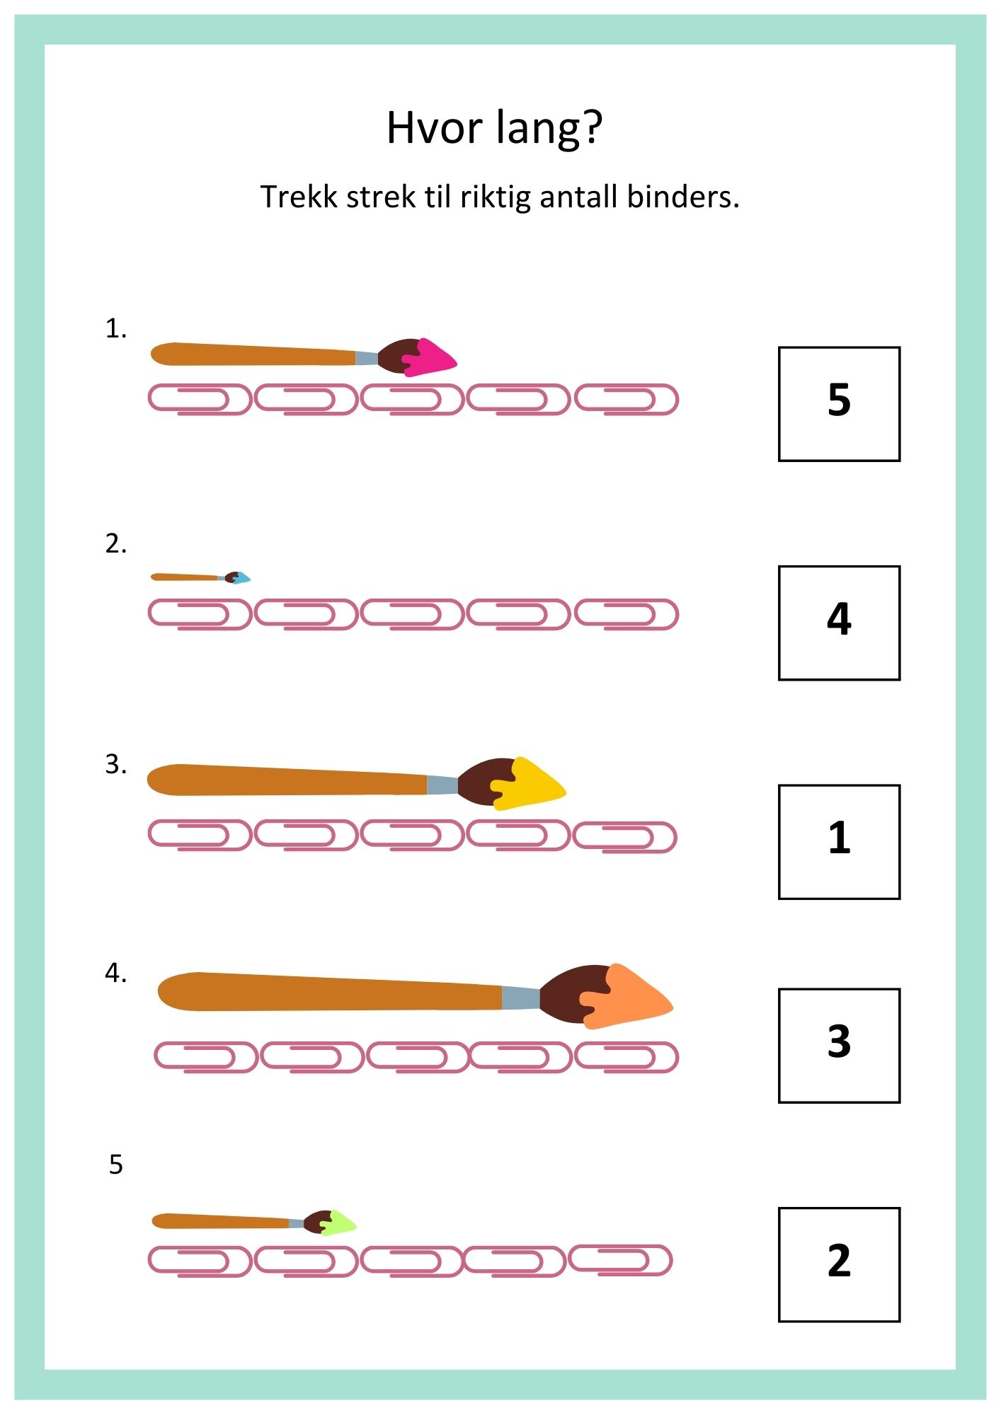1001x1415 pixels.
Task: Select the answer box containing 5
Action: coord(839,404)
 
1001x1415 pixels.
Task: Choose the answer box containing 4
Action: coord(839,623)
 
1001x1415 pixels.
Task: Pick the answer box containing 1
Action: coord(839,841)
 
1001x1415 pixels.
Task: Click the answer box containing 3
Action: coord(839,1045)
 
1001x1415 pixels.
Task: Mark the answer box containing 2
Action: coord(839,1264)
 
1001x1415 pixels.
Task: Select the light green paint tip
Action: coord(338,1222)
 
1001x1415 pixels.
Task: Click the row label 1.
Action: coord(115,329)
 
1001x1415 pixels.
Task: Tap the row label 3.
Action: coord(115,765)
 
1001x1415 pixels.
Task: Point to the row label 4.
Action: coord(115,974)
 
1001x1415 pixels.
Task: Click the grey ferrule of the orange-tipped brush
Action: coord(520,998)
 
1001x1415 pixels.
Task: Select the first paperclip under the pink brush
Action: coord(200,399)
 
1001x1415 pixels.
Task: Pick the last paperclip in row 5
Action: coord(620,1260)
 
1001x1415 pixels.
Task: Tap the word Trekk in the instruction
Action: coord(299,197)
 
